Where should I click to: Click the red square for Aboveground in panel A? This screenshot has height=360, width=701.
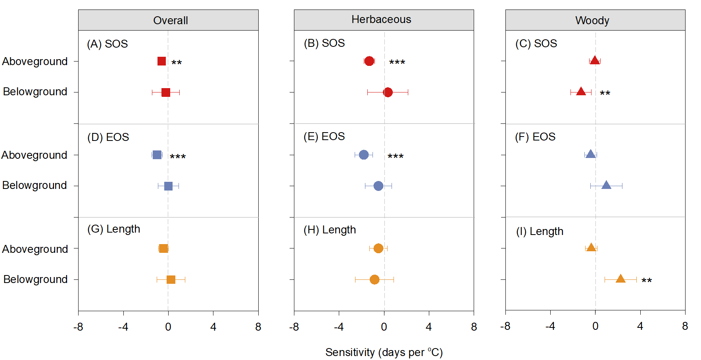(161, 61)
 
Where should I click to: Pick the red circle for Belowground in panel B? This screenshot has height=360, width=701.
(388, 92)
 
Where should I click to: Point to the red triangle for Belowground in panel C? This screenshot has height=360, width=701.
(581, 92)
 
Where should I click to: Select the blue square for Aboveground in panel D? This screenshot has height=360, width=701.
(157, 155)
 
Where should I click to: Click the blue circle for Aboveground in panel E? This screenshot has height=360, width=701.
(364, 155)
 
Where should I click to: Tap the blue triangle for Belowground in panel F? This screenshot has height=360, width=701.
(606, 185)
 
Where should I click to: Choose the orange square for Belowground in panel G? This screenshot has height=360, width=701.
(171, 279)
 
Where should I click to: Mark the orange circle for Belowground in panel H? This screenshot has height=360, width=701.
(375, 279)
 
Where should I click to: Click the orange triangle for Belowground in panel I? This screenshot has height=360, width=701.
(620, 279)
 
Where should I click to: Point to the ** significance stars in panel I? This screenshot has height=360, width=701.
(647, 281)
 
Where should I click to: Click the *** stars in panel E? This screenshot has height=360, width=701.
(396, 156)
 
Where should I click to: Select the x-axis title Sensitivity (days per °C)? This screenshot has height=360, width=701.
(384, 352)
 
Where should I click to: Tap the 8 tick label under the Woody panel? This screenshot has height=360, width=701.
(685, 326)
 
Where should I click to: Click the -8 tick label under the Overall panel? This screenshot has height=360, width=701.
(78, 327)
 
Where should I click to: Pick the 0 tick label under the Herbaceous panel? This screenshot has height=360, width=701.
(384, 327)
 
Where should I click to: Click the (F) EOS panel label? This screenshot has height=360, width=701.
(535, 137)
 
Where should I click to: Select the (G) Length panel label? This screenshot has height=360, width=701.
(113, 229)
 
